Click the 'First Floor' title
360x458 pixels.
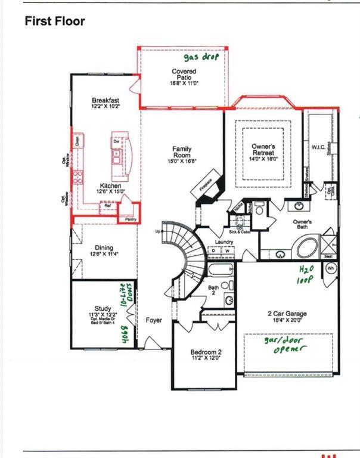[54, 21]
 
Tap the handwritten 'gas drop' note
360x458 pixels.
[201, 57]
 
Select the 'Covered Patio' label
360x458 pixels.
[184, 77]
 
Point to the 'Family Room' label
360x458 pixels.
[182, 154]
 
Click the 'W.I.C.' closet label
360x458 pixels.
[318, 147]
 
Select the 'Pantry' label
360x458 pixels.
[131, 219]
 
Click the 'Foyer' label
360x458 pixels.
[154, 320]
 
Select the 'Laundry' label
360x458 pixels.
[224, 242]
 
